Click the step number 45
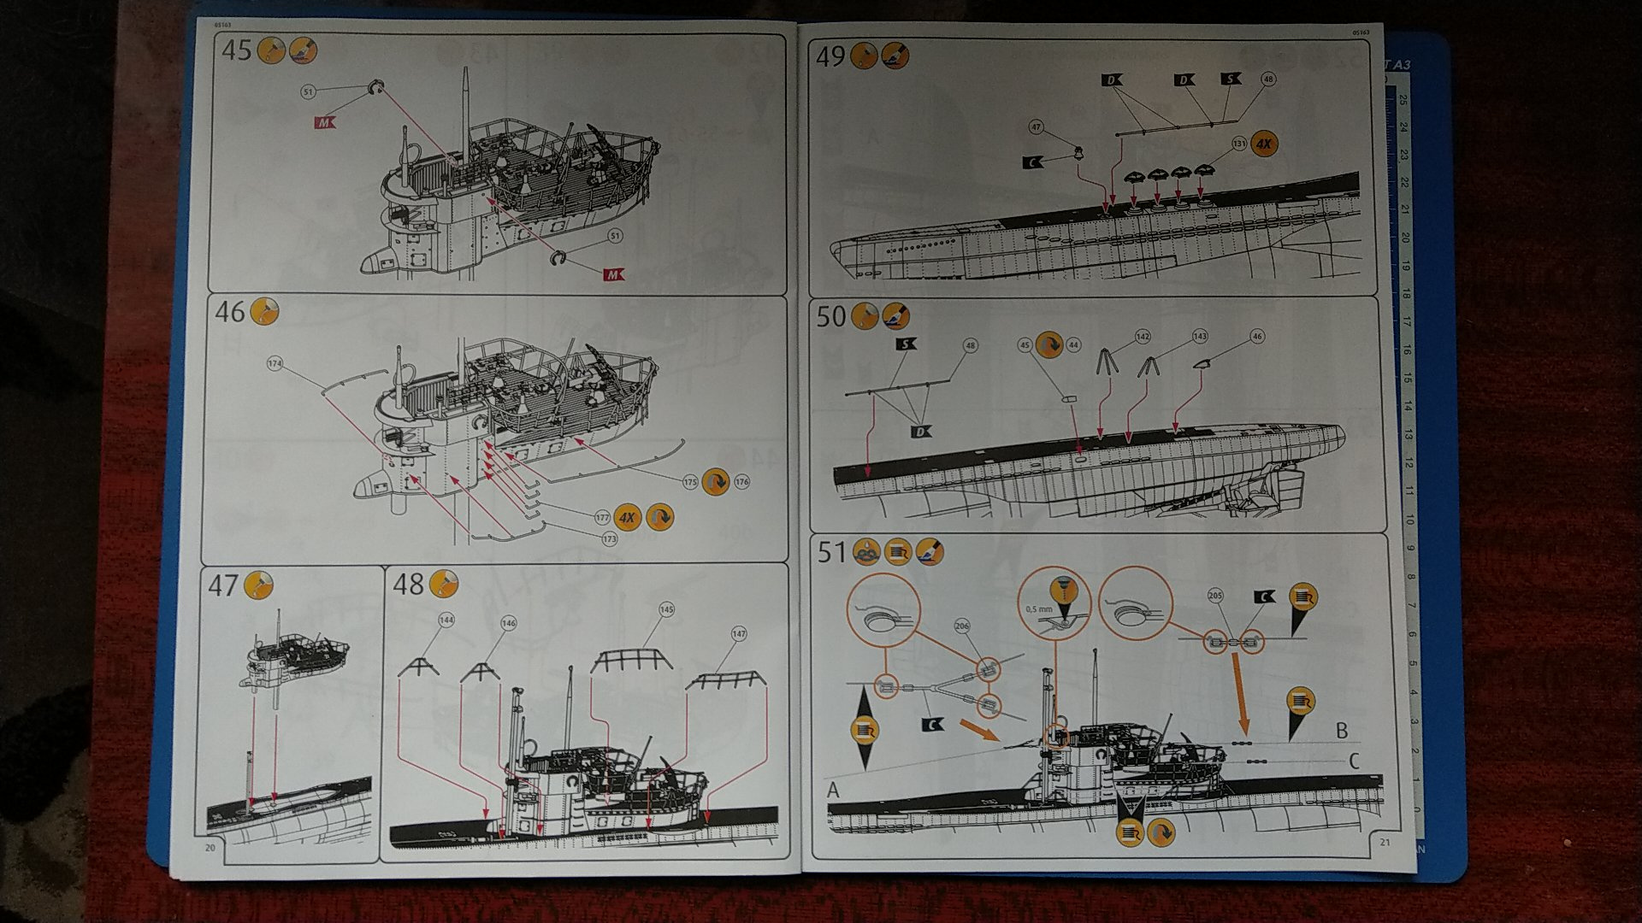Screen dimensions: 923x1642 [x=237, y=50]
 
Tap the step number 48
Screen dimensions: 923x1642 [x=407, y=585]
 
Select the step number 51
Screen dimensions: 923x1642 [x=831, y=553]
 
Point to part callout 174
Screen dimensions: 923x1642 [x=275, y=364]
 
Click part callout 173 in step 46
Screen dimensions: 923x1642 [x=609, y=539]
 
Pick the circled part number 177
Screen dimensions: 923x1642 [x=602, y=517]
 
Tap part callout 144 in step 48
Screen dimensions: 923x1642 [x=446, y=620]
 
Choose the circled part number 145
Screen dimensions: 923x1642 [x=667, y=609]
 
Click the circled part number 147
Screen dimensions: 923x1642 [x=739, y=634]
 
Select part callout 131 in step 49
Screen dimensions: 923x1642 [x=1239, y=144]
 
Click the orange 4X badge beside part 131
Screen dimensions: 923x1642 [x=1264, y=144]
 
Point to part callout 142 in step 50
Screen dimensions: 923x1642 [x=1143, y=337]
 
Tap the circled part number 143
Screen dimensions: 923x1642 [x=1200, y=337]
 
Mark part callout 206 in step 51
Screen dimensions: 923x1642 [x=962, y=626]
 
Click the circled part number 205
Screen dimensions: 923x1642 [x=1215, y=596]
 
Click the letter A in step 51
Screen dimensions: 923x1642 [x=834, y=791]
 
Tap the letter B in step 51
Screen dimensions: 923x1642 [x=1342, y=731]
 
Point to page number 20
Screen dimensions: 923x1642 [x=210, y=848]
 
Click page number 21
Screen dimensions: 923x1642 [x=1386, y=843]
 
